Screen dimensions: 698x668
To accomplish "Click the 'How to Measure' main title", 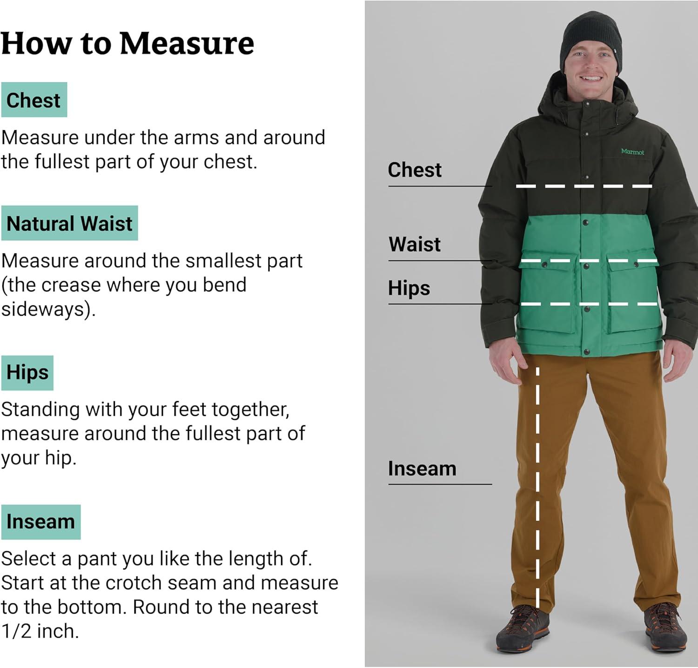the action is (x=128, y=43).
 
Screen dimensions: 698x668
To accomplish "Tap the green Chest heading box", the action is (x=34, y=100).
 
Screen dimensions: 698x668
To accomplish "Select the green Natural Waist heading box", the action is (x=69, y=223).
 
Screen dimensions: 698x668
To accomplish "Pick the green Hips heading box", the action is (x=27, y=373).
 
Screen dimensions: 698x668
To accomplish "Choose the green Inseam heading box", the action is (x=41, y=522).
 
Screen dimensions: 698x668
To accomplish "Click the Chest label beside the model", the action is (x=415, y=170).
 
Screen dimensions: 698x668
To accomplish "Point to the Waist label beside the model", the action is (x=415, y=245).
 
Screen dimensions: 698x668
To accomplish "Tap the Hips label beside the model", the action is (x=409, y=288).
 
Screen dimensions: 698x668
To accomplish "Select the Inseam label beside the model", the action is (x=422, y=469).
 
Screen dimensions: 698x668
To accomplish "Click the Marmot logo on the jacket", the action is (x=632, y=152).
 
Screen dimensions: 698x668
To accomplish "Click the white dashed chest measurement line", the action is (x=584, y=186).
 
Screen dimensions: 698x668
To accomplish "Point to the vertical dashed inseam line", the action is (x=537, y=488).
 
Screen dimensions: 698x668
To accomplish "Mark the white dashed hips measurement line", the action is (x=589, y=304).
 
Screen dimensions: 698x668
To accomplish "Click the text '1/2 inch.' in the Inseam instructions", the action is (x=40, y=631).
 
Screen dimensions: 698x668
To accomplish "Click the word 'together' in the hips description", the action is (x=250, y=410).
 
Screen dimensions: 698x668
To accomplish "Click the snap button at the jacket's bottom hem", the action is (x=586, y=352).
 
